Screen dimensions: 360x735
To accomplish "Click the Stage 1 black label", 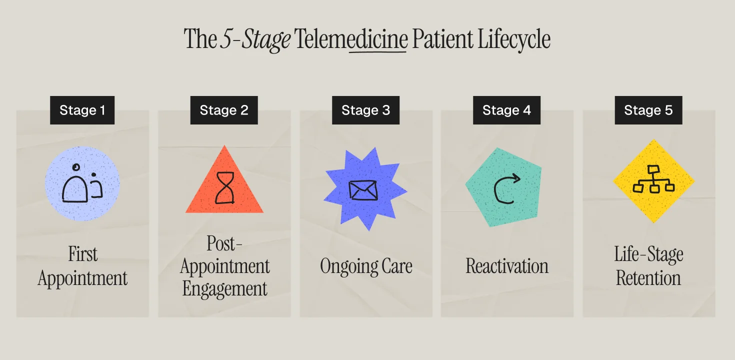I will pyautogui.click(x=82, y=110).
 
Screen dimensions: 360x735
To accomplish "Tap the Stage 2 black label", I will pyautogui.click(x=224, y=110).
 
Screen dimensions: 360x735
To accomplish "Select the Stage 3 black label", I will pyautogui.click(x=365, y=110).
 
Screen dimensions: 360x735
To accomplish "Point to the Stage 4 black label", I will pyautogui.click(x=506, y=110).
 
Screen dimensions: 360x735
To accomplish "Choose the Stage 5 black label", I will pyautogui.click(x=648, y=110).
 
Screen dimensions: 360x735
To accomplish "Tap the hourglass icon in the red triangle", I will pyautogui.click(x=224, y=188).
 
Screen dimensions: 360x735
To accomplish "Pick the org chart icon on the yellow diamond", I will pyautogui.click(x=653, y=180).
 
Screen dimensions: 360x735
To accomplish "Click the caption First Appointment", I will pyautogui.click(x=82, y=266).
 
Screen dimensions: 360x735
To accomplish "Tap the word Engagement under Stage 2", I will pyautogui.click(x=224, y=288).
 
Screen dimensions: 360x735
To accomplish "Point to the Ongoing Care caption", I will pyautogui.click(x=366, y=266).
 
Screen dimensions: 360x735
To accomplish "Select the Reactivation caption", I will pyautogui.click(x=507, y=266).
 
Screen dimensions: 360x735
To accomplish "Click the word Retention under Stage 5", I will pyautogui.click(x=648, y=278).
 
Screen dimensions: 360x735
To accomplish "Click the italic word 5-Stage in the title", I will pyautogui.click(x=255, y=39).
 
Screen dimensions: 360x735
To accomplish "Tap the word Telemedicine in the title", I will pyautogui.click(x=351, y=39).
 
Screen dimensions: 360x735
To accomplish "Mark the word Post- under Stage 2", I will pyautogui.click(x=224, y=244).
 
